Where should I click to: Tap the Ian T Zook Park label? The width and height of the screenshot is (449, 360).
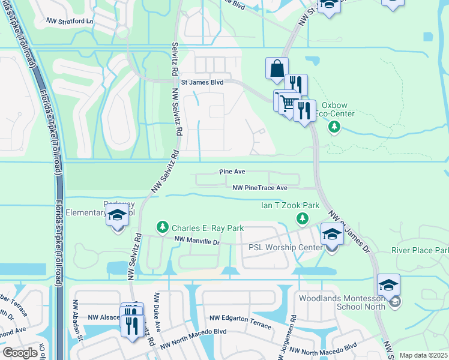pos(289,205)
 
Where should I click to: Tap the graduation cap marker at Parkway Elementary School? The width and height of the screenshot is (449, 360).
pos(117,215)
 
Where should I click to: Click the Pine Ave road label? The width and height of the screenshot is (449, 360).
pos(232,172)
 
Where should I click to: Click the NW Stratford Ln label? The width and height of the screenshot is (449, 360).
pos(70,20)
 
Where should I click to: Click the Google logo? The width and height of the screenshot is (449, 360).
pos(20,352)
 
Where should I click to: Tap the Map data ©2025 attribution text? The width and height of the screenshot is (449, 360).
pos(422,355)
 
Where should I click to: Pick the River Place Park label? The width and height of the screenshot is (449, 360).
pos(420,250)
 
